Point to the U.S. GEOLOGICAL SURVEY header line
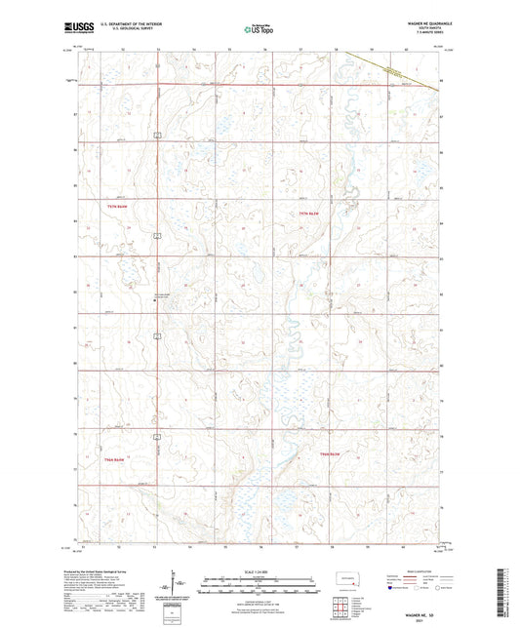(x=126, y=30)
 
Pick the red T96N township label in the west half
(x=117, y=459)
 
